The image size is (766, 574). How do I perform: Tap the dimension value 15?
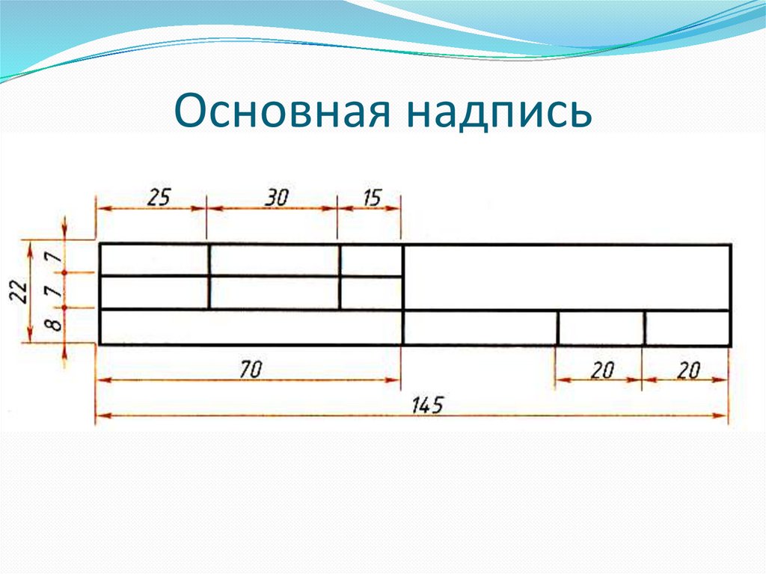pos(372,198)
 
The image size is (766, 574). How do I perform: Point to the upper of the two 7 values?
pos(52,258)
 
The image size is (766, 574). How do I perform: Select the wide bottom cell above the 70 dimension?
pos(251,327)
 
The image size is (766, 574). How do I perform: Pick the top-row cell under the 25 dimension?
pos(154,260)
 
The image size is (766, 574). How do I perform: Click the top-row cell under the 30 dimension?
pos(275,260)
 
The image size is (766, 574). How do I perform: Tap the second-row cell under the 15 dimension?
pos(372,293)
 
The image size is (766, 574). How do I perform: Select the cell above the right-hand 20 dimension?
pos(687,328)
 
